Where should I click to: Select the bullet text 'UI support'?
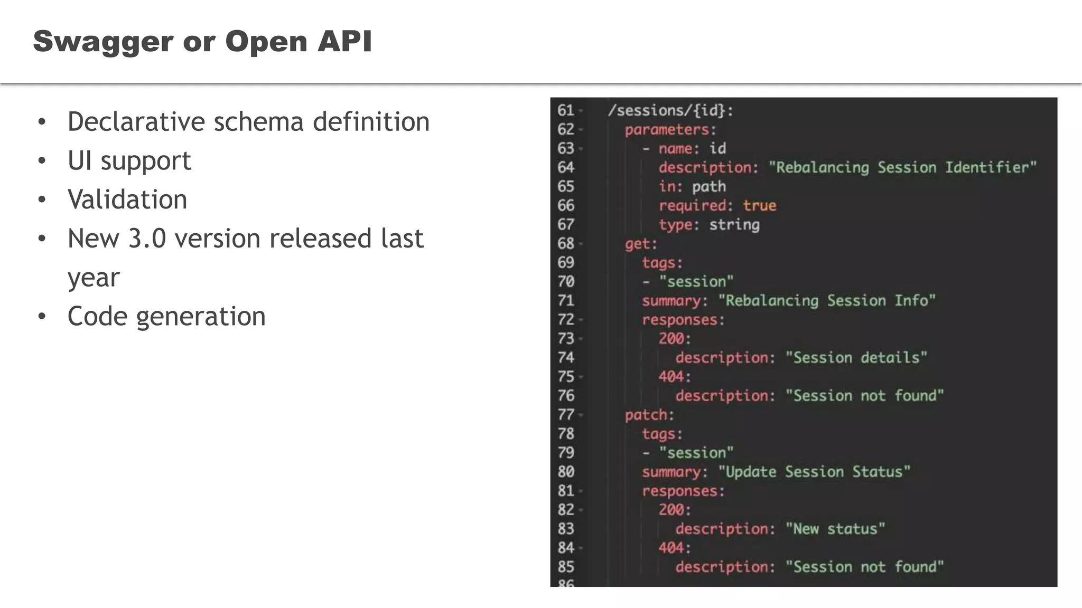tap(129, 160)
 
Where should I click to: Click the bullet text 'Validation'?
tap(127, 199)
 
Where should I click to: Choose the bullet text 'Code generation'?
tap(166, 317)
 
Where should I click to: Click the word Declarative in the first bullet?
tap(136, 122)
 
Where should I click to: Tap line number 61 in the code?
tap(565, 110)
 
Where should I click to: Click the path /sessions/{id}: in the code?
tap(670, 110)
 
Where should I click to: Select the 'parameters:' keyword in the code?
tap(670, 129)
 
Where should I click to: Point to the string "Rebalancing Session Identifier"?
tap(902, 167)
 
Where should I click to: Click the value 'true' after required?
tap(759, 205)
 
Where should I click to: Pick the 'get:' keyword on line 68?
tap(641, 243)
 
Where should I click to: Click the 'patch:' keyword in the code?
tap(649, 415)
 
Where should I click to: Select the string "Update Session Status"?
tap(814, 471)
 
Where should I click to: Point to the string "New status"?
tap(835, 528)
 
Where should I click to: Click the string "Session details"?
tap(856, 357)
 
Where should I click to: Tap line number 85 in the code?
tap(565, 567)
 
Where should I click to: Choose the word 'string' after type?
tap(734, 224)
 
